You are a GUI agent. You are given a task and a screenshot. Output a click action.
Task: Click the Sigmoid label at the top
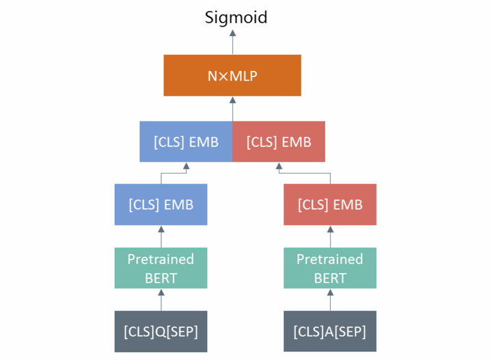pos(236,18)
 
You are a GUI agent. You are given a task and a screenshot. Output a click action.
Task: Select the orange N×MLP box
pos(232,75)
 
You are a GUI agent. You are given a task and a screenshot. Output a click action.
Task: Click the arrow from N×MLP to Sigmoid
pos(232,42)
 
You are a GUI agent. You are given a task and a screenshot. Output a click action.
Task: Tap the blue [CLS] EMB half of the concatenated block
pos(186,142)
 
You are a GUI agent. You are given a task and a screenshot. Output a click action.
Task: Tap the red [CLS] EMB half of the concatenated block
pos(279,142)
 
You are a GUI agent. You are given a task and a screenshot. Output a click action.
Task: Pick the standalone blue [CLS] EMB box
pos(161,204)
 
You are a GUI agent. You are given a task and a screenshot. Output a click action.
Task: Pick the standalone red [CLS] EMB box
pos(330,204)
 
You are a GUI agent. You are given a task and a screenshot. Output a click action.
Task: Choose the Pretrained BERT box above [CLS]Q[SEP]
pos(161,268)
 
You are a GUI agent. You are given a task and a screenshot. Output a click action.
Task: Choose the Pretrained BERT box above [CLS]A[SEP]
pos(330,268)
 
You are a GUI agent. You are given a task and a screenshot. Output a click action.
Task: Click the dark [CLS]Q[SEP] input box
pos(161,331)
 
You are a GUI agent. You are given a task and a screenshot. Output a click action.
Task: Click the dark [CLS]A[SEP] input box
pos(330,331)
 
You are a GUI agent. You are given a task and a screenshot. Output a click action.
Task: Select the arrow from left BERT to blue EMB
pos(161,236)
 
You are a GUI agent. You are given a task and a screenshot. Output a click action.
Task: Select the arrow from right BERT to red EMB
pos(330,236)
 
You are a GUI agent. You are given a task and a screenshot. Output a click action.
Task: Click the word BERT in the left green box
pos(161,278)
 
